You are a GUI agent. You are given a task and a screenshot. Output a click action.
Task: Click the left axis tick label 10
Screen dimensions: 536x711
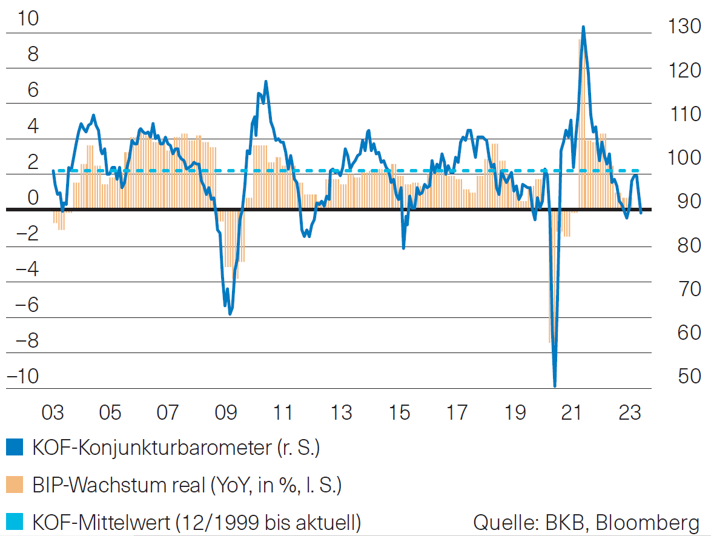click(28, 19)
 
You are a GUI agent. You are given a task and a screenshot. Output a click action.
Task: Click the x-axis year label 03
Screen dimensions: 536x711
click(53, 413)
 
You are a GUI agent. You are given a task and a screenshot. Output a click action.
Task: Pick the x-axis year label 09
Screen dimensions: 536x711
click(225, 413)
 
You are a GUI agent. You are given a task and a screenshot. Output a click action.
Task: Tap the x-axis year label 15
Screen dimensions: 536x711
click(398, 413)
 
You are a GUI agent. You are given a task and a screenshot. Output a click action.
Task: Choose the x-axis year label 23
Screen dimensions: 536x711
click(629, 413)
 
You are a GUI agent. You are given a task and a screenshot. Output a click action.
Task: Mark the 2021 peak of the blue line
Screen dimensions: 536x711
click(583, 27)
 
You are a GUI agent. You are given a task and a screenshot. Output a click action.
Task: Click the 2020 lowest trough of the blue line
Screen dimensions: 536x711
click(555, 385)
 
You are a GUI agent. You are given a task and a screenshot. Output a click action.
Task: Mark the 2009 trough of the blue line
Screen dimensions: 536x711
click(230, 314)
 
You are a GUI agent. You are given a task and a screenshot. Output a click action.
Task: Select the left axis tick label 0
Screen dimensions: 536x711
click(31, 197)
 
